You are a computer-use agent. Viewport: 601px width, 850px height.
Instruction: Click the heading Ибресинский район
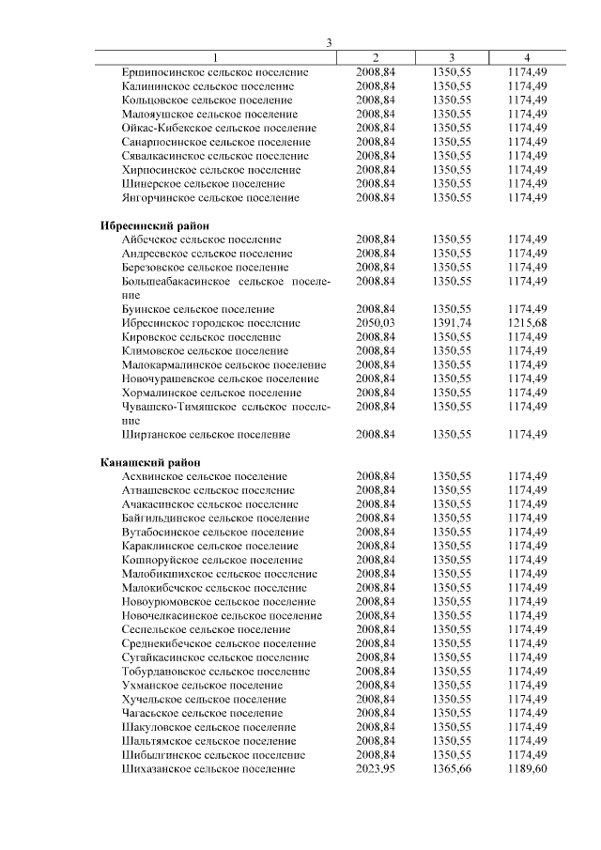point(154,226)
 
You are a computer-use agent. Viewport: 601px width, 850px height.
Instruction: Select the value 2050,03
point(376,322)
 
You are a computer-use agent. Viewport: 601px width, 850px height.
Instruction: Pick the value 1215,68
point(527,322)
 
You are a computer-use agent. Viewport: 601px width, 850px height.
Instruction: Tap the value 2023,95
point(376,768)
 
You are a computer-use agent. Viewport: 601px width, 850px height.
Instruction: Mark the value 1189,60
point(527,768)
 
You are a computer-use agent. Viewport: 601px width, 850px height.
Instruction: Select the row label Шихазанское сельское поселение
point(208,768)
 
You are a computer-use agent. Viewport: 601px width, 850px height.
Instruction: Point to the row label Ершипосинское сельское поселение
point(215,72)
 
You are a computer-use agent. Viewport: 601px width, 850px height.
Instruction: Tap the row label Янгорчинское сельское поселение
point(210,198)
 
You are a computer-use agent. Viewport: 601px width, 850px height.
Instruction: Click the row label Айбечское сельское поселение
point(201,240)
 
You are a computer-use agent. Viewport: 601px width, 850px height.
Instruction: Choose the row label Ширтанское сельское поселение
point(206,435)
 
